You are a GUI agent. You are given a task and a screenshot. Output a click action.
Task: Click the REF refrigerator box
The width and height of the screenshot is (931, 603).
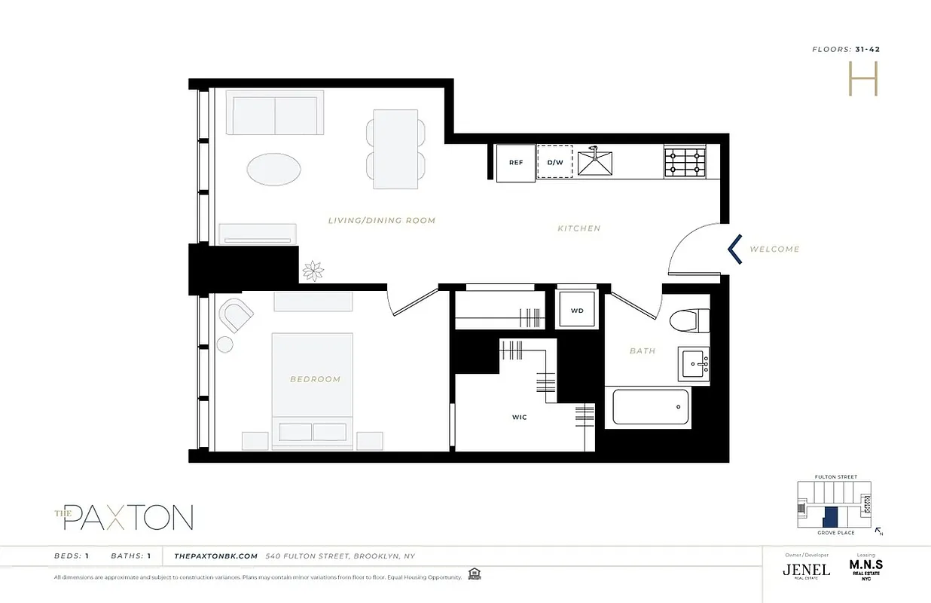(515, 163)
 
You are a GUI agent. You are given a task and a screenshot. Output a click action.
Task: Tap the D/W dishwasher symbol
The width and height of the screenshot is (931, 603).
(554, 162)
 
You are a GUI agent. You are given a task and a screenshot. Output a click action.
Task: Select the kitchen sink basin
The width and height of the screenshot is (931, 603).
(595, 163)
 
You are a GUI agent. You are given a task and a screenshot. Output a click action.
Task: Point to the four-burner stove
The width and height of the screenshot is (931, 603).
(685, 163)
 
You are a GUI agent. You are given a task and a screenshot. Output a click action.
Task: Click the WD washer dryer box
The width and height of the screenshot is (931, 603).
(577, 311)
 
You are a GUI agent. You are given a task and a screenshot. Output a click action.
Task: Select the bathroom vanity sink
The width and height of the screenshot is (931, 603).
(694, 364)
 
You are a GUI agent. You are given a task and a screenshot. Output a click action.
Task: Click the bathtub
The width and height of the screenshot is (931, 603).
(651, 408)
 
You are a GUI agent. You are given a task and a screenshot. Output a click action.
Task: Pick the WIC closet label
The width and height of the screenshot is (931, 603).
(519, 417)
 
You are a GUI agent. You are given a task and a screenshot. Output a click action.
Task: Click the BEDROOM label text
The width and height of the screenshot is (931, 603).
(315, 379)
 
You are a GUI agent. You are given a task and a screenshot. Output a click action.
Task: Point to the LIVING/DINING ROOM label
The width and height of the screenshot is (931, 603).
(382, 221)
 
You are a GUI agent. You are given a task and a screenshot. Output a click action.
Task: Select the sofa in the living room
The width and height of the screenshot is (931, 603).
(275, 113)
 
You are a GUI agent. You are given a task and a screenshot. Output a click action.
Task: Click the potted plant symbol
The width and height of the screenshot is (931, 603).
(312, 270)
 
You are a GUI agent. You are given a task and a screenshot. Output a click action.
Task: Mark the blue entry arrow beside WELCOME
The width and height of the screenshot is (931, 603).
(735, 249)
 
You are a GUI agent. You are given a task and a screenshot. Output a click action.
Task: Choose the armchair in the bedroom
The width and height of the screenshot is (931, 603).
(235, 315)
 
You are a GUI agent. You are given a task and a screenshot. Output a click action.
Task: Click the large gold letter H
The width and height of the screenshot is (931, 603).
(863, 78)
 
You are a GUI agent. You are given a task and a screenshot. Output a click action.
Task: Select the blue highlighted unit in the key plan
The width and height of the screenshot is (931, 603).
(829, 517)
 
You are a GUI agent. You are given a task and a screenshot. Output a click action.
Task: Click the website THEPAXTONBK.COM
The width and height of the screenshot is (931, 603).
(216, 556)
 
